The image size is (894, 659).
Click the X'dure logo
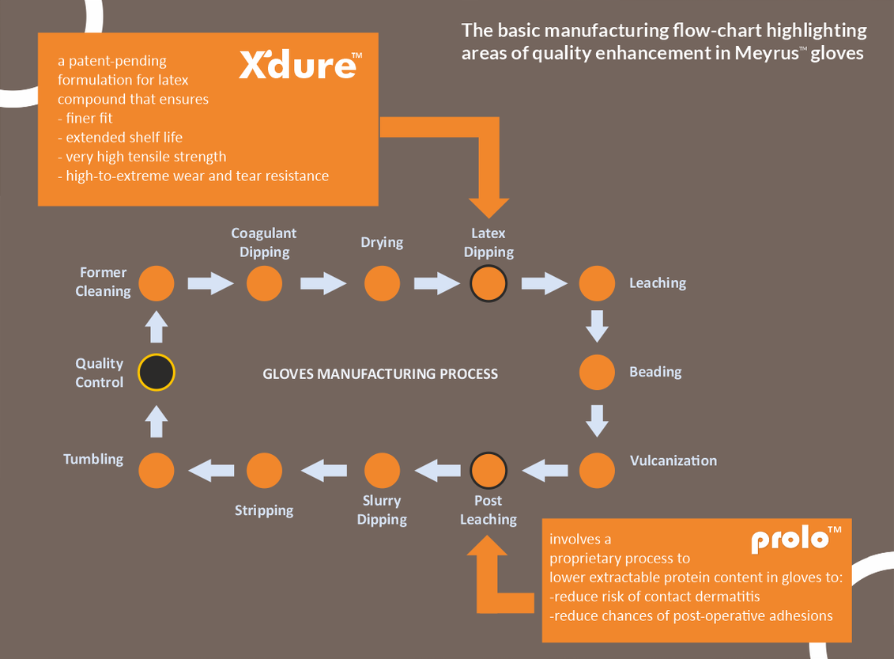click(300, 65)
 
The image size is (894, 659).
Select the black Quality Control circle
click(156, 373)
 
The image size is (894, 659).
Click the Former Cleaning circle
click(156, 283)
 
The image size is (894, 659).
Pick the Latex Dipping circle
click(488, 283)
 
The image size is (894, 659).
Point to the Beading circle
click(597, 372)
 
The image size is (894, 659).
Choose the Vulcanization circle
click(597, 471)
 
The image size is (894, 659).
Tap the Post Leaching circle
click(488, 471)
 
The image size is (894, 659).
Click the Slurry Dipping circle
click(382, 471)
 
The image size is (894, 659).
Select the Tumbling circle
click(156, 471)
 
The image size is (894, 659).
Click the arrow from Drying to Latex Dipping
click(436, 283)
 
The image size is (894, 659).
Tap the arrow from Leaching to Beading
click(597, 326)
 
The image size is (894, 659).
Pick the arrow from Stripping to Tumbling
click(211, 471)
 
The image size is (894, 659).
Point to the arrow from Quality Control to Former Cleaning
click(157, 325)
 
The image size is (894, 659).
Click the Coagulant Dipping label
click(264, 242)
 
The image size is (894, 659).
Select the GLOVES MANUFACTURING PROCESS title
click(380, 373)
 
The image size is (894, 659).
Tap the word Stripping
click(264, 510)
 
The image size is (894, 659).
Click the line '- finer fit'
click(85, 118)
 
